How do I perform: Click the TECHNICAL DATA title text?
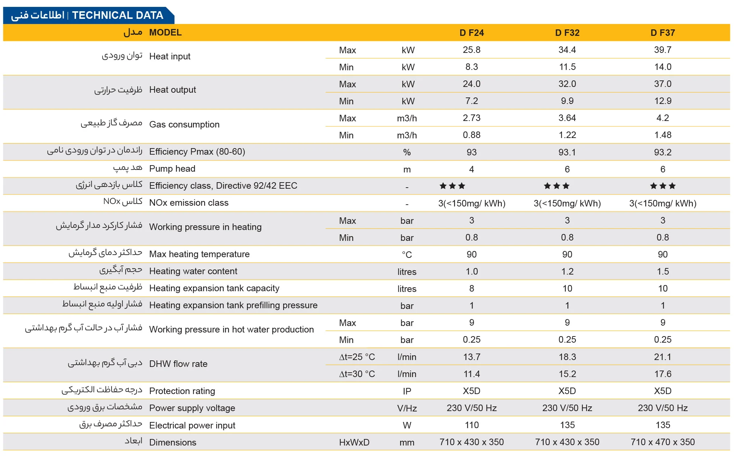pos(117,15)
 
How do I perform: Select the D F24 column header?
pos(471,33)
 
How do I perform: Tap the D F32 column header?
pos(567,33)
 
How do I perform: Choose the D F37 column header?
pos(662,33)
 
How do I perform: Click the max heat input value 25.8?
pos(471,50)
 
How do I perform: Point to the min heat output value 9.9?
pos(567,101)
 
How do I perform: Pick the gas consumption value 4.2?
pos(662,118)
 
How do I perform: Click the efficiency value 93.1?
pos(567,152)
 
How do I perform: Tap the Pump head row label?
pos(172,169)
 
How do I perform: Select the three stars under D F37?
pos(662,186)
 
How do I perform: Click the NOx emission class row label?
pos(189,203)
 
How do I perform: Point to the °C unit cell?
pos(407,255)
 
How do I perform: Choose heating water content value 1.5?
pos(662,272)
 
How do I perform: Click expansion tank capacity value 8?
pos(471,289)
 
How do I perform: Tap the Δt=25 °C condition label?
pos(357,357)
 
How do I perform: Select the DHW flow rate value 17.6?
pos(662,374)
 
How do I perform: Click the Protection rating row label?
pos(182,391)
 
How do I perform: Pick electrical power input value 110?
pos(471,425)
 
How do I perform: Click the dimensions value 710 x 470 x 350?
pos(662,442)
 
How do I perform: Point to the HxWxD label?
pos(354,443)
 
